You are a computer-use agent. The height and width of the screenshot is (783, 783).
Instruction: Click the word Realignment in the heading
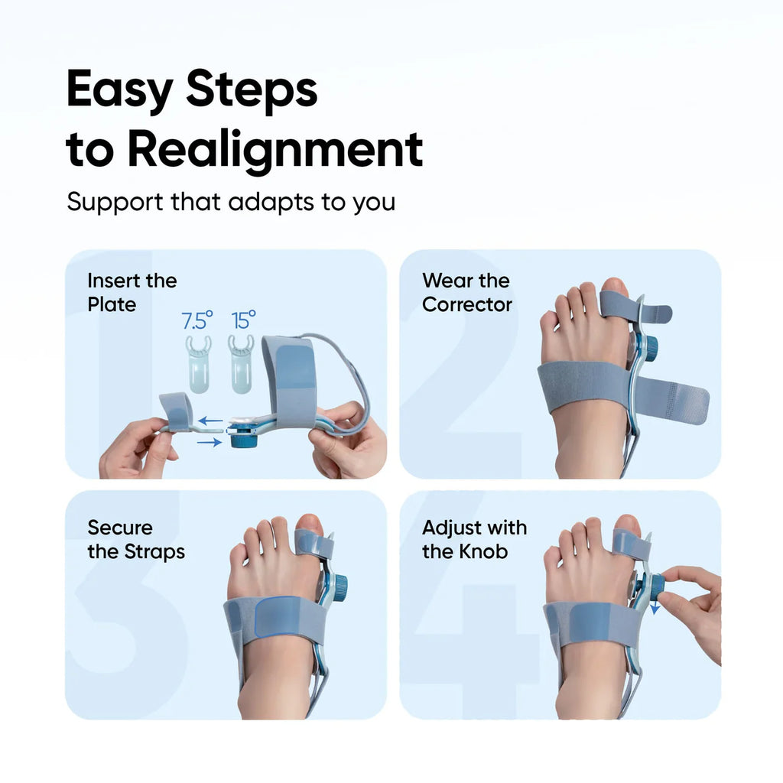pos(275,149)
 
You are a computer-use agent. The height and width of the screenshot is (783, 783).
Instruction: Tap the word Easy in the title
pos(119,89)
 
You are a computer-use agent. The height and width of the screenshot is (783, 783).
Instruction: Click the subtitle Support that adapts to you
pos(230,202)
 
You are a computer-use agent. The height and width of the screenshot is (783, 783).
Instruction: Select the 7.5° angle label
pos(198,320)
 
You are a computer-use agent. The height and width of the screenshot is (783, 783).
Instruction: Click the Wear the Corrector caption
pos(466,292)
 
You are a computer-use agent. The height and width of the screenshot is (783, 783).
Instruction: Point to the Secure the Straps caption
pos(135,539)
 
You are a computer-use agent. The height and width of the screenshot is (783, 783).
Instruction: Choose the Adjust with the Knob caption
pos(474,539)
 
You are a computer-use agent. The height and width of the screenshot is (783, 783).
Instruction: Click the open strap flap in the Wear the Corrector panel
pos(673,398)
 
